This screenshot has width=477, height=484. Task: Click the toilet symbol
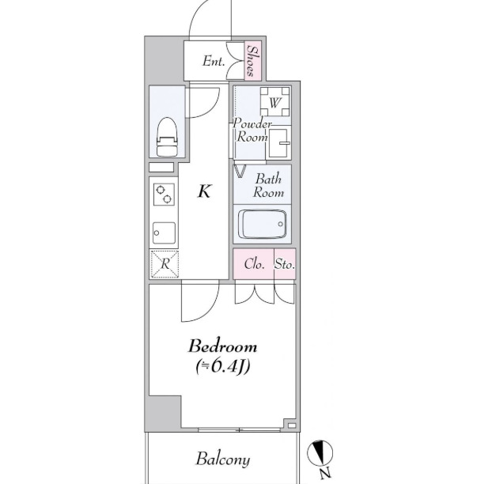[x=167, y=137]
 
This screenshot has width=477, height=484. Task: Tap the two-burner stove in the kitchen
[x=164, y=195]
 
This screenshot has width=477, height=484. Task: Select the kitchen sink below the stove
[x=164, y=233]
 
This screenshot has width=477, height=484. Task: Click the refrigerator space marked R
[x=165, y=264]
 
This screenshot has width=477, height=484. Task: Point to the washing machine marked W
[x=274, y=102]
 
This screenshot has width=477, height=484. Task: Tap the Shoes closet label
[x=252, y=61]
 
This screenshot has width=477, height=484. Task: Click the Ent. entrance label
[x=214, y=61]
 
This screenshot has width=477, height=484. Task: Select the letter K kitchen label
[x=204, y=191]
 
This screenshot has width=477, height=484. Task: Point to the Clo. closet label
[x=255, y=264]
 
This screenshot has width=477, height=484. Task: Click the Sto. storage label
[x=285, y=264]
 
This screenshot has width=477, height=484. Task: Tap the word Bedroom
[x=222, y=346]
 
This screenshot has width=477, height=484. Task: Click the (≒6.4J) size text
[x=223, y=366]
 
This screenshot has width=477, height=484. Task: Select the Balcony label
[x=223, y=459]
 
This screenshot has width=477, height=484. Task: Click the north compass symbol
[x=320, y=453]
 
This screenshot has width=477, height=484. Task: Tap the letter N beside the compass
[x=324, y=473]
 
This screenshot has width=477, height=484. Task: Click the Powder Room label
[x=252, y=130]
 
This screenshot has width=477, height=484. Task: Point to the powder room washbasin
[x=280, y=143]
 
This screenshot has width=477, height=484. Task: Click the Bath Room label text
[x=268, y=186]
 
